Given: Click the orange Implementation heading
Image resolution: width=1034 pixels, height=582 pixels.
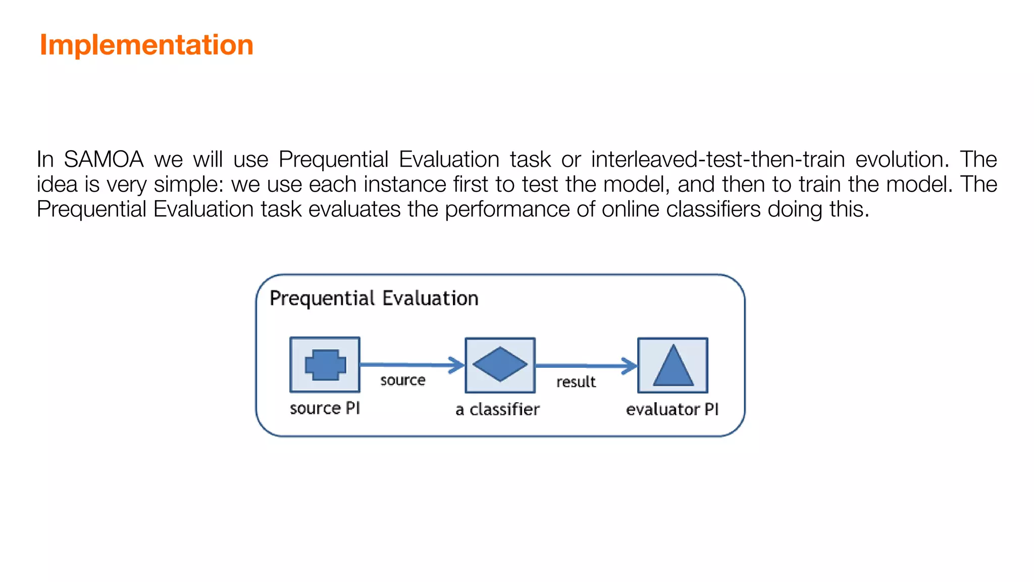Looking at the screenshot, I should (146, 45).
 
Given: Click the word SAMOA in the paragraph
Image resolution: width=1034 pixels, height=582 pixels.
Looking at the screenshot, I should (104, 160).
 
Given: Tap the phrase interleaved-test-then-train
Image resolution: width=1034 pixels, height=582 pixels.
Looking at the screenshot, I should (717, 160).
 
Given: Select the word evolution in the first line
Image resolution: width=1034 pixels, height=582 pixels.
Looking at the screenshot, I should (902, 160).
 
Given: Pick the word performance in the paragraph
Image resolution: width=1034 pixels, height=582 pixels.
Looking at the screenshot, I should (507, 209).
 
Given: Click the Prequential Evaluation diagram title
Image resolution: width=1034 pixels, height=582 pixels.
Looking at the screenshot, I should (374, 299).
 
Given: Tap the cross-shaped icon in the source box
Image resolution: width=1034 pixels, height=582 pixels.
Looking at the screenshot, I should (326, 365).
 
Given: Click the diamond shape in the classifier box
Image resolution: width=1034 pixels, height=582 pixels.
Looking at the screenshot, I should (500, 364).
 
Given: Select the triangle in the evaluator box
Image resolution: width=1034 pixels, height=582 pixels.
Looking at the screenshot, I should (673, 366).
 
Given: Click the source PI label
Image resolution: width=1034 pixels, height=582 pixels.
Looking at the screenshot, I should (325, 408).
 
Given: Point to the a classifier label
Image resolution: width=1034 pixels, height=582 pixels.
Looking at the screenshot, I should (497, 409).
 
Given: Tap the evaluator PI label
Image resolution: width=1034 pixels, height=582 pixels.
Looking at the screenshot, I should (672, 409).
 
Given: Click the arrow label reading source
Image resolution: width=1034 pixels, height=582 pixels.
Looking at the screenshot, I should (402, 380).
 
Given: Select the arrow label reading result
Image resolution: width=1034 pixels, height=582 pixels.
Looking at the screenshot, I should (576, 382).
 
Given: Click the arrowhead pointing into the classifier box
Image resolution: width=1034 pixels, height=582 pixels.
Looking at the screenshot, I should (457, 365).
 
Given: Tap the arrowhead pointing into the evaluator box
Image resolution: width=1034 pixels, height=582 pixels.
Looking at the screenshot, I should (630, 366).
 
